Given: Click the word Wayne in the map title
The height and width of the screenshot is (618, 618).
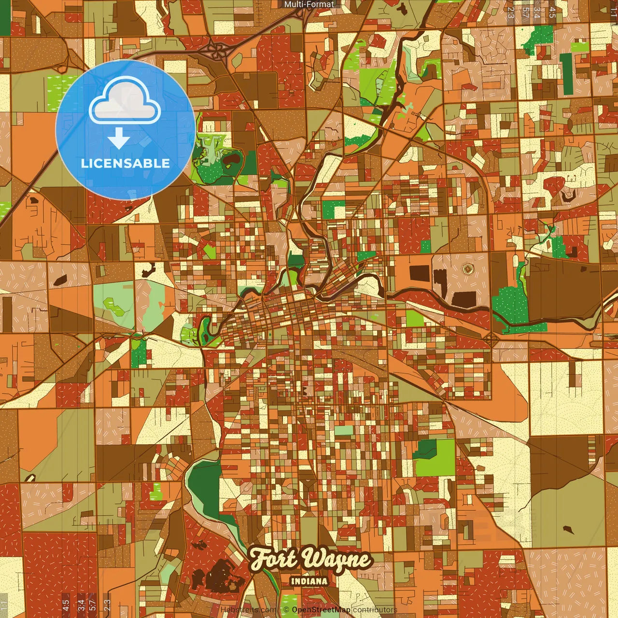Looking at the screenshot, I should tap(337, 560).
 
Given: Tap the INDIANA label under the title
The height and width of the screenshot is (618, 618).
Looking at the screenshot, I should tap(309, 581).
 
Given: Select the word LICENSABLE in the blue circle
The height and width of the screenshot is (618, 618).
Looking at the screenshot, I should tap(126, 163).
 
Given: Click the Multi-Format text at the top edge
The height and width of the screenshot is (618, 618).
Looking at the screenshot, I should tap(309, 4).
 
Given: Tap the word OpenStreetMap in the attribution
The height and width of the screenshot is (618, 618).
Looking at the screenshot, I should tap(321, 610).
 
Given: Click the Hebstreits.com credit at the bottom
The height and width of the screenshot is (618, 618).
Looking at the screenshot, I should tap(249, 610).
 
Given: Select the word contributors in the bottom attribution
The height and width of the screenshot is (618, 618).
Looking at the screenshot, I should tap(375, 610).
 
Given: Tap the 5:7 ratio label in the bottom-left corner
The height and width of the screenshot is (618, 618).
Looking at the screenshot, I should tap(93, 605).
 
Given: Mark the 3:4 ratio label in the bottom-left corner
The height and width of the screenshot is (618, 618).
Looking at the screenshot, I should tap(81, 605).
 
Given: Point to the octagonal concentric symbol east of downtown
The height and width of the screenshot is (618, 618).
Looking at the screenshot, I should tap(467, 268).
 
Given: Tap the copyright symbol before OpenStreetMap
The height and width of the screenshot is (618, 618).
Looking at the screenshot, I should tap(286, 610).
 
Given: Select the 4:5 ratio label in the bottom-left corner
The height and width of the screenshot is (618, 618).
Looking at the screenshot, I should tap(66, 605).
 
